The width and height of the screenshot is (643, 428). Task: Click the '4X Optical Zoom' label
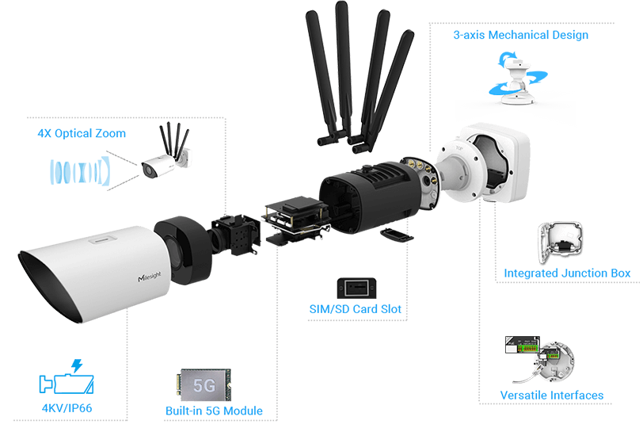(x=81, y=133)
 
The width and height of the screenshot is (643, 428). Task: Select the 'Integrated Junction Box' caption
(x=567, y=273)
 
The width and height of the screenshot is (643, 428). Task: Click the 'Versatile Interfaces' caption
(x=552, y=395)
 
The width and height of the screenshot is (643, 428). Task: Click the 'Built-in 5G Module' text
(x=213, y=411)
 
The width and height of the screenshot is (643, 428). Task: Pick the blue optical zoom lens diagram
(x=78, y=172)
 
